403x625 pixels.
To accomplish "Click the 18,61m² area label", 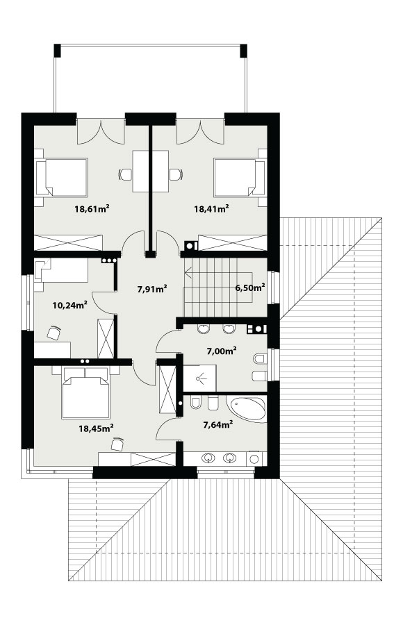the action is (92, 208).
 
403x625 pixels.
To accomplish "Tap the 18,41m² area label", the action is (211, 208).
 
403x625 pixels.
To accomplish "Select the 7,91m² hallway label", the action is (151, 289).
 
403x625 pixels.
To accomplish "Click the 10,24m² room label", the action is (69, 306).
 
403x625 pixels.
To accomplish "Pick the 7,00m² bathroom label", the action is (222, 351).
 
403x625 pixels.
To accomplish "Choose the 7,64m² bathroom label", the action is (218, 425).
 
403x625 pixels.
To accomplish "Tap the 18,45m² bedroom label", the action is (96, 428).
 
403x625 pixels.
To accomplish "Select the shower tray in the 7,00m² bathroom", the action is (199, 378).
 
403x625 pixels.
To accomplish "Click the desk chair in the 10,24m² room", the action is (54, 333).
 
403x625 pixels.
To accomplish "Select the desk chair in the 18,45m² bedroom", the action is (117, 444).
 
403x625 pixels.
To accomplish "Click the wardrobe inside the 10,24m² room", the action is (106, 338).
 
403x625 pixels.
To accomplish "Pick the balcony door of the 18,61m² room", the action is (101, 131).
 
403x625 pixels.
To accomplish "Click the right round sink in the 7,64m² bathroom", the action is (229, 458).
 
